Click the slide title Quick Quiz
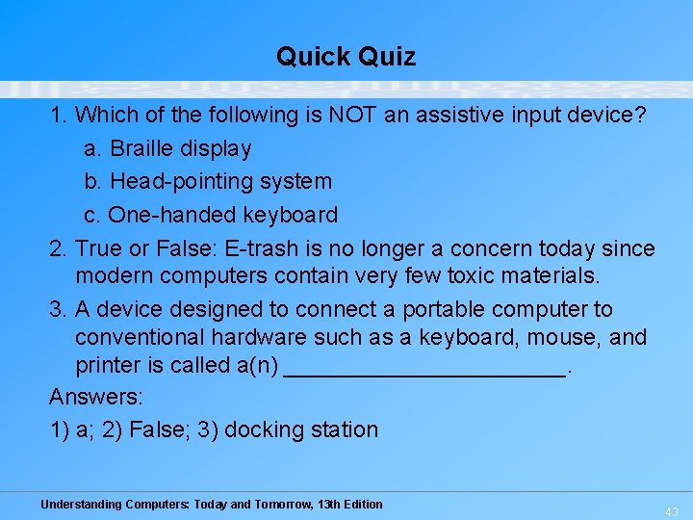(x=346, y=57)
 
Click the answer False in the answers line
(x=157, y=429)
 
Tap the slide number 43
(x=672, y=511)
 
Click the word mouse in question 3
(x=568, y=338)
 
